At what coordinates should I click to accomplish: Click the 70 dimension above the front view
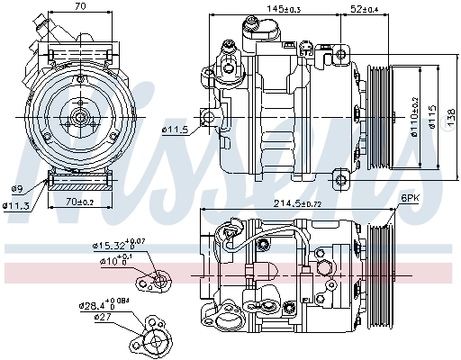pyautogui.click(x=80, y=7)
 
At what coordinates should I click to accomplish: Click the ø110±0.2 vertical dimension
pyautogui.click(x=415, y=116)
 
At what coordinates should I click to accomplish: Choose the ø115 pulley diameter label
pyautogui.click(x=433, y=116)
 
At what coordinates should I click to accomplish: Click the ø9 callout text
pyautogui.click(x=16, y=188)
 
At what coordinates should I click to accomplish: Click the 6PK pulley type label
pyautogui.click(x=410, y=197)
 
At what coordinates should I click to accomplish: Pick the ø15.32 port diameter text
pyautogui.click(x=112, y=245)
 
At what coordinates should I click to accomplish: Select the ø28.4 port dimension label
pyautogui.click(x=102, y=303)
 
